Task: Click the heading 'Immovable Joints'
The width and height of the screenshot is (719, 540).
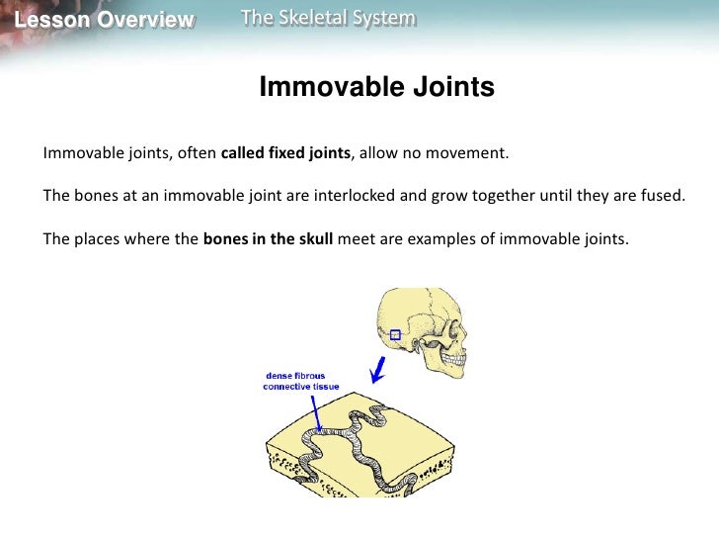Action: tap(376, 88)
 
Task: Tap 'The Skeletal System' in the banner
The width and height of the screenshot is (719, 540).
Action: tap(328, 19)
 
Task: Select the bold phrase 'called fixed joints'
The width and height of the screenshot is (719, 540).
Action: tap(285, 153)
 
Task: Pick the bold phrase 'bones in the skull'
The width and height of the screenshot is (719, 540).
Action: tap(268, 238)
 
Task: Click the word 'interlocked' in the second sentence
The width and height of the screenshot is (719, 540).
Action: tap(355, 195)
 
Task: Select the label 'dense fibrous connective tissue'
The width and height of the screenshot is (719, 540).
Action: tap(300, 382)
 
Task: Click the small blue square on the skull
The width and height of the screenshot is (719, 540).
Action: tap(395, 335)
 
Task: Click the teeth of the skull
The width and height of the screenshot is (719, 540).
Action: tap(464, 365)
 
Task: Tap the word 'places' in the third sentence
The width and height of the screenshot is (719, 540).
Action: tap(100, 238)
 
